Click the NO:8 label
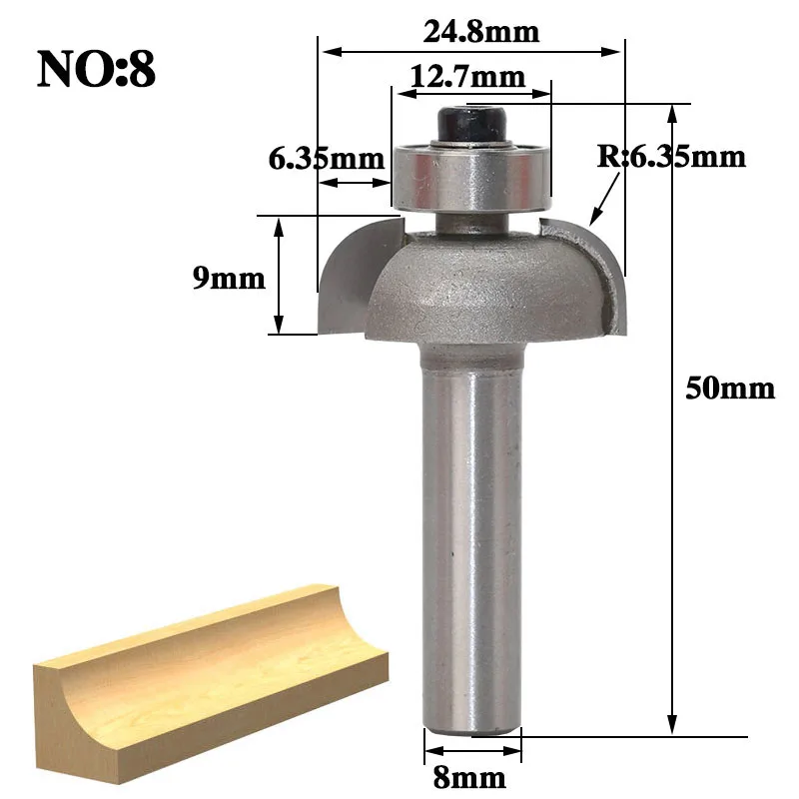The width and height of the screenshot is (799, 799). click(96, 70)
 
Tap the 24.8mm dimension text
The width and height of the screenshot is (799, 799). click(481, 32)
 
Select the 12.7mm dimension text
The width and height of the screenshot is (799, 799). click(467, 77)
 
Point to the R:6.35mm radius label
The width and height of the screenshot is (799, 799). click(671, 156)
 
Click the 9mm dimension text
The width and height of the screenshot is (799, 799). click(229, 279)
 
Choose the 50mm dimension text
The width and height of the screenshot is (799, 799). click(730, 389)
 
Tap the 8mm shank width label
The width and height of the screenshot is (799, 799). click(469, 778)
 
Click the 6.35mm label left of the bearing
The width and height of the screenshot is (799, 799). click(327, 159)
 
